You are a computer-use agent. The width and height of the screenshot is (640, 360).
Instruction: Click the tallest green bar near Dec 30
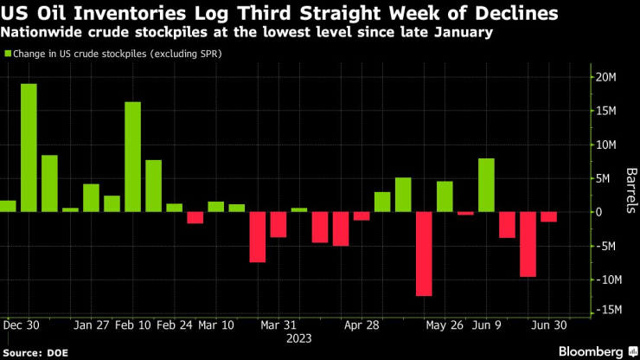pos(29,147)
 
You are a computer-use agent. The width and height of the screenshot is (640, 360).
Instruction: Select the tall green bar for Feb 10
pos(132,157)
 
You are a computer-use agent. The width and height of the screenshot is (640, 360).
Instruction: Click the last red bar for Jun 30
pos(548,216)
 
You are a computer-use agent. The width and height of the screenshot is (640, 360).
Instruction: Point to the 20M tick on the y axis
pos(605,77)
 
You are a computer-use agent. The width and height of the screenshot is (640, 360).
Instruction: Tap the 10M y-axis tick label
pos(605,145)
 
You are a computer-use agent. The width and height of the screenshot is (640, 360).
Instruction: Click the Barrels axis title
pos(631,189)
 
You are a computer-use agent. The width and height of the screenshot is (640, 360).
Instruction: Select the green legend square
pos(6,54)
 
